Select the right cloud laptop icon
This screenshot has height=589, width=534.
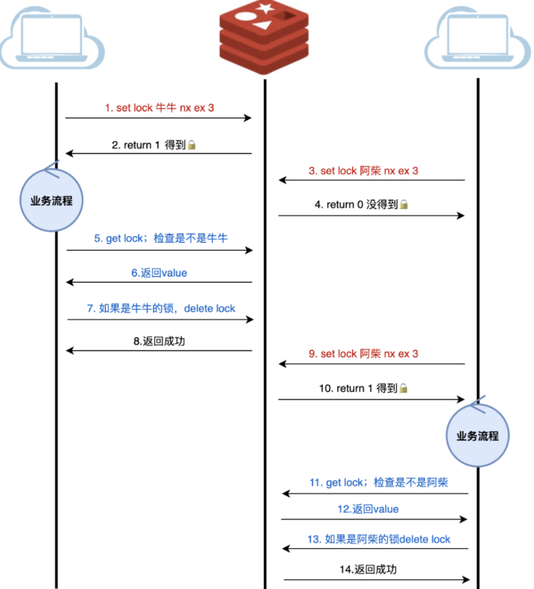(x=479, y=38)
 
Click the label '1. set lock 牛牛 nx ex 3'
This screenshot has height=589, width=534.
(x=159, y=108)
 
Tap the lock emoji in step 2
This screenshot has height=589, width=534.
(x=192, y=145)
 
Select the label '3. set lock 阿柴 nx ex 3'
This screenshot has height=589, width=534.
(x=364, y=170)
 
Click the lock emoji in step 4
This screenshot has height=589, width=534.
(x=403, y=205)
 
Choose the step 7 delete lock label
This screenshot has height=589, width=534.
(x=161, y=308)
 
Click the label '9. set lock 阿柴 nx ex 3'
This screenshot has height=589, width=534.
(x=364, y=354)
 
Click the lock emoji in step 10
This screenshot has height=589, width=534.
(x=403, y=388)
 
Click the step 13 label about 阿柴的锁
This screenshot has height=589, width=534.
(x=378, y=539)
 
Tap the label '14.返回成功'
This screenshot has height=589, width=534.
(x=372, y=569)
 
